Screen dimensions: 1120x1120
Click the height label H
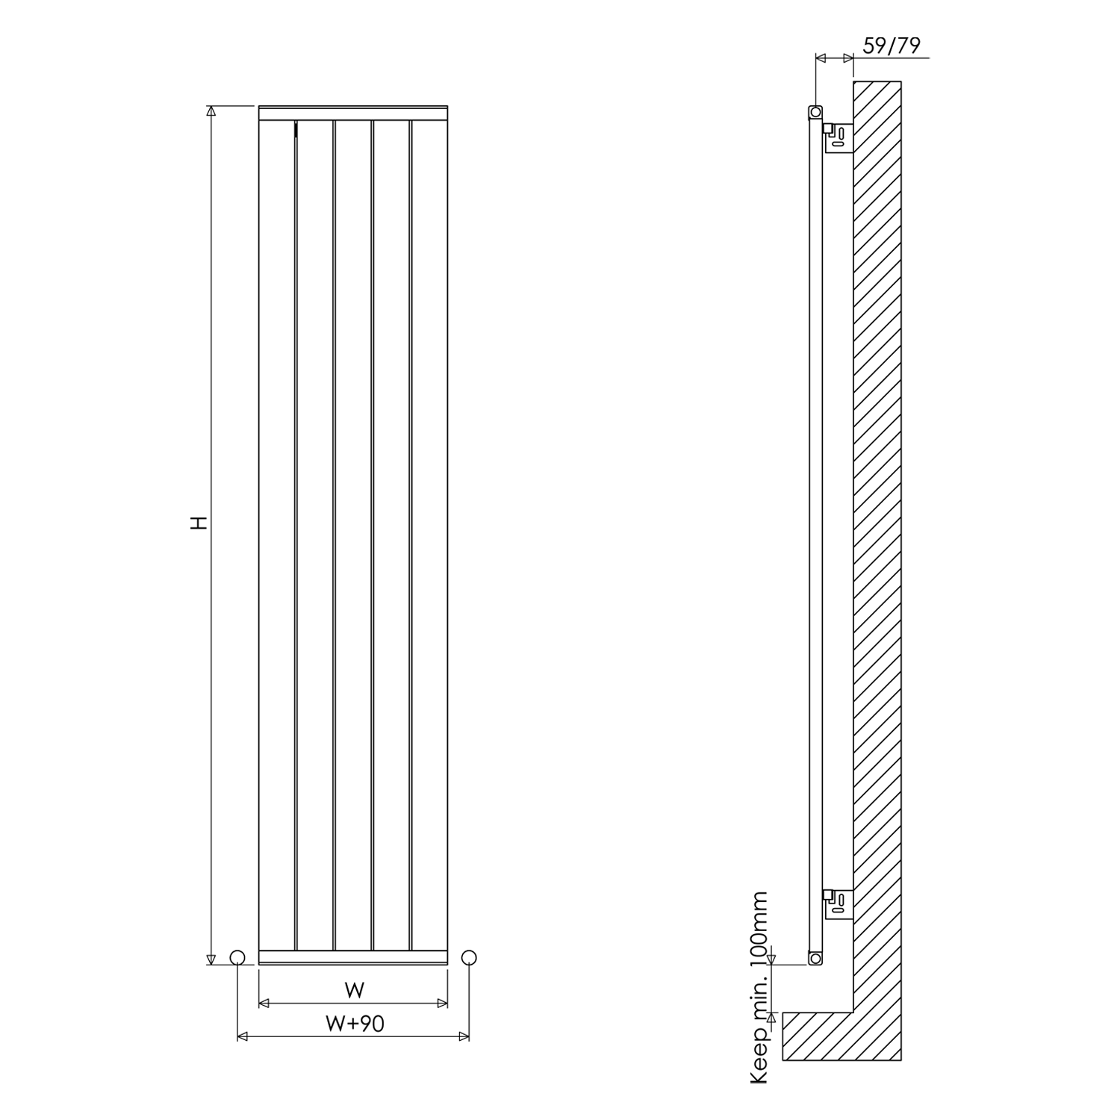click(199, 522)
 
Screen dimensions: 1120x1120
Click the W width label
click(355, 990)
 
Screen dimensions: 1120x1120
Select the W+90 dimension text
click(355, 1023)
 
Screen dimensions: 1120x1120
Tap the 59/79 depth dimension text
click(892, 46)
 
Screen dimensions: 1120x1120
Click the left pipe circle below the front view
click(237, 957)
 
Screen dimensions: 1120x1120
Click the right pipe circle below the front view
click(469, 957)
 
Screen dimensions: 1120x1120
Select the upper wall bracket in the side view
click(839, 137)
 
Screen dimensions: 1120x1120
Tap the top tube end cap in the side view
click(815, 112)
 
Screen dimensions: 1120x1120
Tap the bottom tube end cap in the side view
click(815, 956)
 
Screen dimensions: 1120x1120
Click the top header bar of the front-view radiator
click(353, 113)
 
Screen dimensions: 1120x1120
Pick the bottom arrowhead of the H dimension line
click(211, 959)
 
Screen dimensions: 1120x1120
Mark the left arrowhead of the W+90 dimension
click(241, 1036)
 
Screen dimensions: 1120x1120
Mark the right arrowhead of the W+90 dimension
click(465, 1036)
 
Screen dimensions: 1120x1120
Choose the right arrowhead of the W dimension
click(444, 1004)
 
